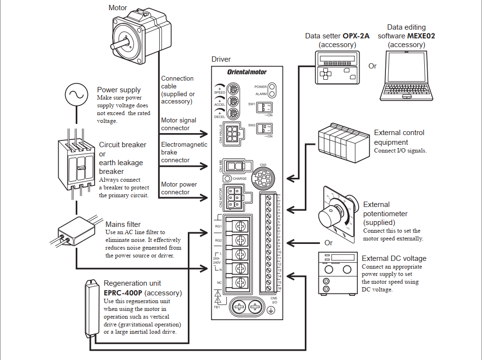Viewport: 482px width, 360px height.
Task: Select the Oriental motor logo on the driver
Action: click(x=247, y=72)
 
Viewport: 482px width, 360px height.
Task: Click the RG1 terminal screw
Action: click(x=239, y=226)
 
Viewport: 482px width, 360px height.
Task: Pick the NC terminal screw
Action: click(x=239, y=282)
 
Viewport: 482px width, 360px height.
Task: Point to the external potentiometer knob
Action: click(x=330, y=215)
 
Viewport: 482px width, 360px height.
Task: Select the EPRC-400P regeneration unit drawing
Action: click(x=91, y=308)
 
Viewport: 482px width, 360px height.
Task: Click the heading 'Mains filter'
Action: click(x=123, y=224)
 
